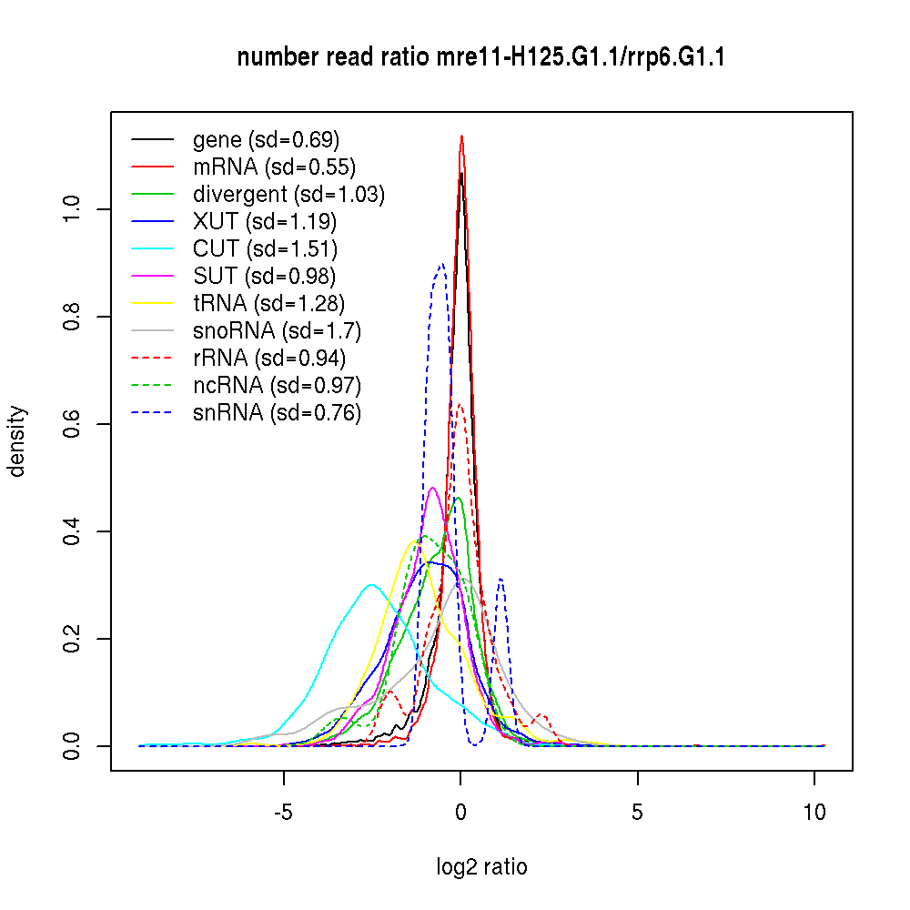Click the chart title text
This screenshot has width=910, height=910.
pos(480,58)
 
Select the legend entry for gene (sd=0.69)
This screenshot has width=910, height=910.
pos(266,140)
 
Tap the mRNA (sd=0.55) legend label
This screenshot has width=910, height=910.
pos(274,167)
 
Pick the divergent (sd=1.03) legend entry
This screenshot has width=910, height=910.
pos(288,195)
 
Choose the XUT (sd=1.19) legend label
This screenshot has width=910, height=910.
pos(265,222)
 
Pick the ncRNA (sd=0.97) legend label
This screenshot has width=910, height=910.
pos(277,386)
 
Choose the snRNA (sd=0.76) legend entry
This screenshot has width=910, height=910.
pos(277,413)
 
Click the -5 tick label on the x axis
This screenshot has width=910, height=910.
pos(284,812)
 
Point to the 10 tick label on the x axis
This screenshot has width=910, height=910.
pos(814,812)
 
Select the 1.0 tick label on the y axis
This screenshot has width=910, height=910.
pos(74,209)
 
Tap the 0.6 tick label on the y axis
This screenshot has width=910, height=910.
pos(74,424)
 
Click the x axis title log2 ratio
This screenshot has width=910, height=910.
pos(481,867)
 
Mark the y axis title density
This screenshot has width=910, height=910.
pos(17,441)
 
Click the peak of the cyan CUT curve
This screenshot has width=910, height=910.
pos(370,584)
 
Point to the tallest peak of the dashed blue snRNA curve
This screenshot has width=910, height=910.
pos(441,264)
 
